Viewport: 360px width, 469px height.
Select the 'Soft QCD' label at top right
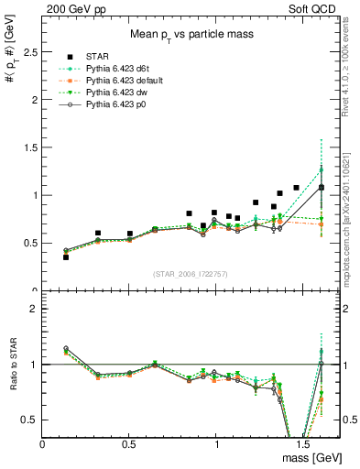click(x=311, y=8)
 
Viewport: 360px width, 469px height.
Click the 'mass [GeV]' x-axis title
click(x=307, y=456)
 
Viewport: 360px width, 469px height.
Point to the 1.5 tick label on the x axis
click(x=303, y=442)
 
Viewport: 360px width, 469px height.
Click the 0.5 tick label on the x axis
click(x=130, y=442)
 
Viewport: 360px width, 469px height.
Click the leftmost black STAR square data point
click(x=65, y=257)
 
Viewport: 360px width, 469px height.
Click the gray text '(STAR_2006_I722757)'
click(x=191, y=274)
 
